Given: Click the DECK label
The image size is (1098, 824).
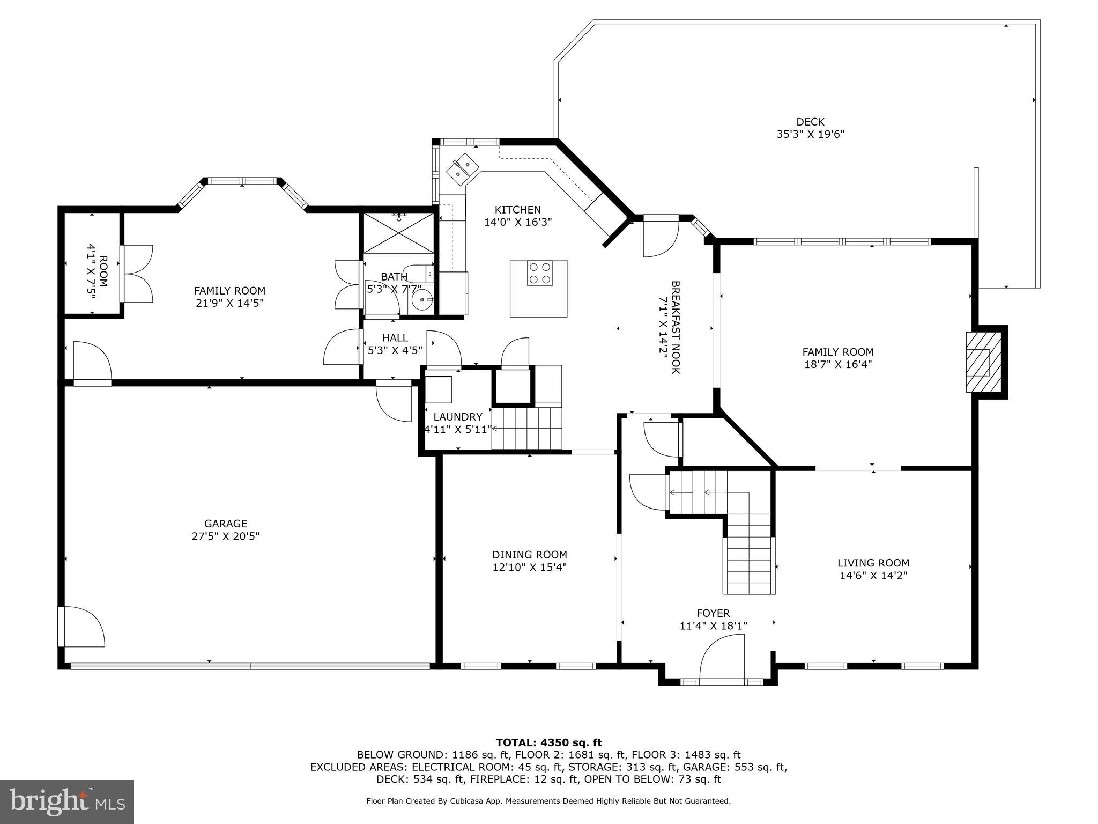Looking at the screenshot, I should [x=810, y=122].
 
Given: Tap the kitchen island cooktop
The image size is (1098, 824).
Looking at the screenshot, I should [x=539, y=273].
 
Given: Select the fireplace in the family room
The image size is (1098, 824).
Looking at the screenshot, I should [x=983, y=362].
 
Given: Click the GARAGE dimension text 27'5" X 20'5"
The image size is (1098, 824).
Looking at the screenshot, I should [x=226, y=536].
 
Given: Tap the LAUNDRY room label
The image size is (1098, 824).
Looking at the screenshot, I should [x=457, y=417].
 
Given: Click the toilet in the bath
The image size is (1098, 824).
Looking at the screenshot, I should [x=419, y=273].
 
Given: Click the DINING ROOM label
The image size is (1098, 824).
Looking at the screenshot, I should [x=529, y=555].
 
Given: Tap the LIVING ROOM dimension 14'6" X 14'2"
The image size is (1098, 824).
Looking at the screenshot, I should [x=873, y=576].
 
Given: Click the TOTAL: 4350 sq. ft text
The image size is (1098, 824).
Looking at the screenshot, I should [x=548, y=742].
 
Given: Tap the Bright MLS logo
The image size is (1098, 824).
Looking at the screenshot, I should [x=66, y=801].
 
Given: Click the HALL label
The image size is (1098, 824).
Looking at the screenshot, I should [x=395, y=338].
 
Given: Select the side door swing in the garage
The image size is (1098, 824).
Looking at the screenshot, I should [x=82, y=627].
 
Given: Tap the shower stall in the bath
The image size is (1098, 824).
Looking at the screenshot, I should [x=398, y=232].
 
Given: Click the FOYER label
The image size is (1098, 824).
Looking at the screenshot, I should [x=713, y=613].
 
